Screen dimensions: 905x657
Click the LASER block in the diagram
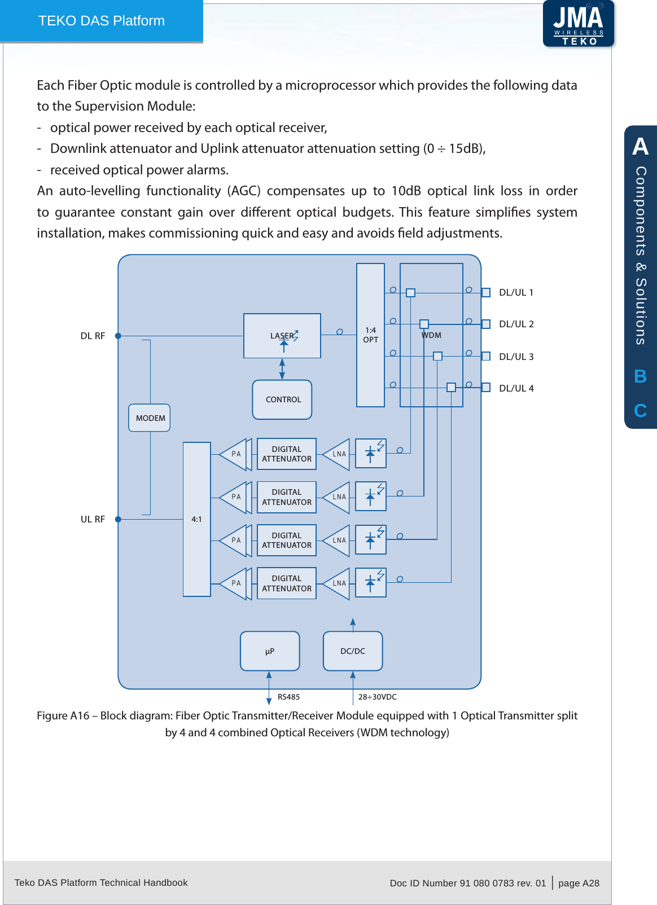tap(282, 336)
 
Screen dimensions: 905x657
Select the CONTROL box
tap(282, 399)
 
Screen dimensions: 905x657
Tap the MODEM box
tap(150, 418)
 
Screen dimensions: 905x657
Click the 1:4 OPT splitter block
tap(370, 335)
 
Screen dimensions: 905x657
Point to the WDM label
tap(432, 335)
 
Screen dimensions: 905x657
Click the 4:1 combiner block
tap(196, 519)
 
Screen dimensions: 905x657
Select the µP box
tap(270, 651)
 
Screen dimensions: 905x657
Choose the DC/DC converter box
tap(353, 651)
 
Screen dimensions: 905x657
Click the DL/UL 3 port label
tap(516, 357)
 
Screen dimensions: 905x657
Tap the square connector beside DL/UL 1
tap(485, 292)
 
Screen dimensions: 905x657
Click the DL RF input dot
tap(118, 336)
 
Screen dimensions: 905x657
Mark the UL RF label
tap(93, 519)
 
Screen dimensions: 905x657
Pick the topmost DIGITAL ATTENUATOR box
tap(287, 454)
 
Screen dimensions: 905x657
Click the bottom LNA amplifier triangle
tap(338, 583)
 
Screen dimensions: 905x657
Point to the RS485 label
tap(288, 697)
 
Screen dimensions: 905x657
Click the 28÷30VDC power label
tap(378, 697)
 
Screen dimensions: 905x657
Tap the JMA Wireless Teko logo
tap(579, 24)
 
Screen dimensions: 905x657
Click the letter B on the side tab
tap(640, 376)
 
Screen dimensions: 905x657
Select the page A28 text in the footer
tap(579, 883)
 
